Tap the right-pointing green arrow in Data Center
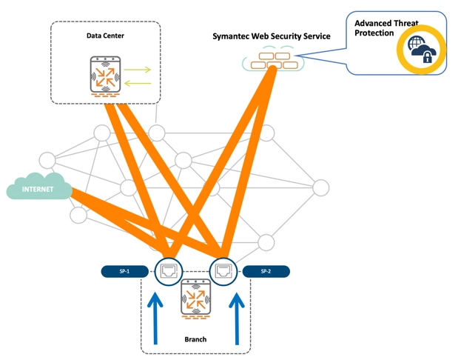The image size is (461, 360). click(x=137, y=70)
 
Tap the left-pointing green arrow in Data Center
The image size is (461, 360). click(x=137, y=83)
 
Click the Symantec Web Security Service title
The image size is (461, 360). click(x=271, y=36)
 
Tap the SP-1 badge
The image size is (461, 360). click(x=124, y=271)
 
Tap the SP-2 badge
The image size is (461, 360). click(x=266, y=271)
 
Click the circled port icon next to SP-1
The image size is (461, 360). click(x=169, y=271)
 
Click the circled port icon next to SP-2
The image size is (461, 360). click(x=221, y=271)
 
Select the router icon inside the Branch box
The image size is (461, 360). click(x=195, y=302)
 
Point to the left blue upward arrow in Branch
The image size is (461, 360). click(x=156, y=319)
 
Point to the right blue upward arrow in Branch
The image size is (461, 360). click(x=237, y=319)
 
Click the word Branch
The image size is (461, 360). click(x=195, y=339)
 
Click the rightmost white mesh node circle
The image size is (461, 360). click(x=320, y=188)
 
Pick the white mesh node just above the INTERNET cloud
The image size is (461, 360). click(x=47, y=159)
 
